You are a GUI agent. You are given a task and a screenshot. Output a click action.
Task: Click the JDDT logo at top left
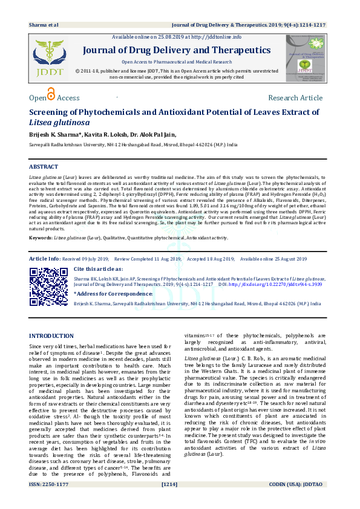click(49, 57)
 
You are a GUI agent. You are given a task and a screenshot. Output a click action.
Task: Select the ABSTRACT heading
click(44, 166)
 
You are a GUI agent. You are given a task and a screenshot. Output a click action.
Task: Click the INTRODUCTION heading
click(51, 336)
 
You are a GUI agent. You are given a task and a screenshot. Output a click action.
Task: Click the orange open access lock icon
click(51, 94)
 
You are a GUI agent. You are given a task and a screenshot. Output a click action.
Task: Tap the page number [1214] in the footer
click(169, 501)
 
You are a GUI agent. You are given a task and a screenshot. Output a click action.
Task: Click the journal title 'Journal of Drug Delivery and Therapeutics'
click(177, 50)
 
